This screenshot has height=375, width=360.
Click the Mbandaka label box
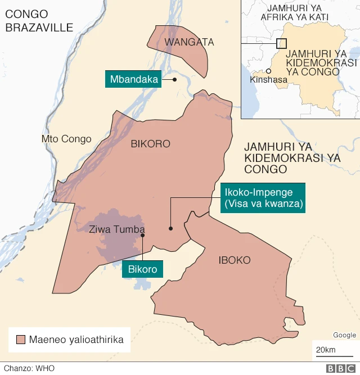pyautogui.click(x=134, y=79)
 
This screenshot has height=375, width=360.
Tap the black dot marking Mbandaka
pyautogui.click(x=175, y=79)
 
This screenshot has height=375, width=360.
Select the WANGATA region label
pyautogui.click(x=181, y=42)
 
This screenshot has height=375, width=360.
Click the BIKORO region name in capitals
pyautogui.click(x=150, y=144)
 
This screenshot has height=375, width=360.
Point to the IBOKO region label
pyautogui.click(x=235, y=260)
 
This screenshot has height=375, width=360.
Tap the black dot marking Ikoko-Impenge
pyautogui.click(x=170, y=228)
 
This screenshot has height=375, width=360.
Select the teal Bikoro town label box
pyautogui.click(x=143, y=269)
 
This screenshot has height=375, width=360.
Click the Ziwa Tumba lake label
pyautogui.click(x=117, y=229)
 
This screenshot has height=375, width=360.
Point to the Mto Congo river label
pyautogui.click(x=66, y=139)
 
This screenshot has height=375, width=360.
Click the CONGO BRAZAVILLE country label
pyautogui.click(x=39, y=21)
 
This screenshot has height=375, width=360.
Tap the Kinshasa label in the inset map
pyautogui.click(x=268, y=80)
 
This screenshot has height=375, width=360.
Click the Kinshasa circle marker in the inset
pyautogui.click(x=269, y=71)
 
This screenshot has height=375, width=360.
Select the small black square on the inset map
pyautogui.click(x=282, y=43)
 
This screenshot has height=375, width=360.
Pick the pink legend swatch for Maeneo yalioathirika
pyautogui.click(x=21, y=340)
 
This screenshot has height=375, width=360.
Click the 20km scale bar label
pyautogui.click(x=326, y=351)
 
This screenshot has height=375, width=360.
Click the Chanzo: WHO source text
pyautogui.click(x=22, y=369)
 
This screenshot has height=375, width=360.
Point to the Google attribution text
pyautogui.click(x=344, y=335)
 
